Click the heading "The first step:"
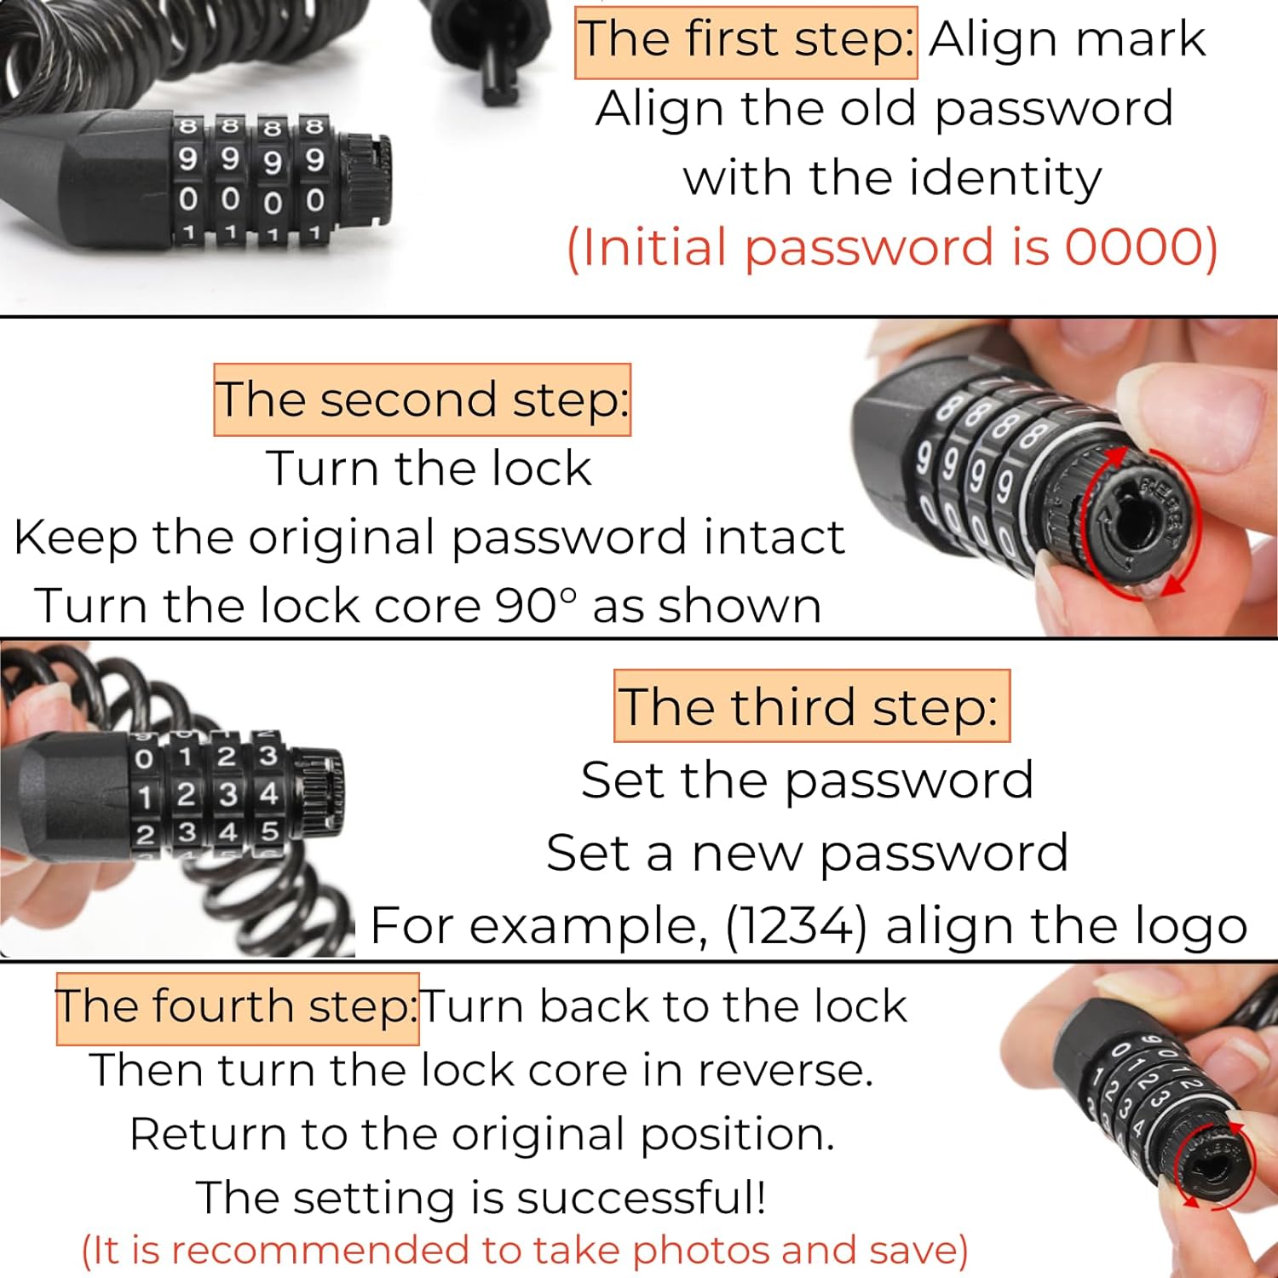[745, 41]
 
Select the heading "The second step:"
[422, 400]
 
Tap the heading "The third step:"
[810, 706]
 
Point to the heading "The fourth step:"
[237, 1007]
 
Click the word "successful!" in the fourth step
[641, 1198]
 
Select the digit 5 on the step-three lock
[270, 832]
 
